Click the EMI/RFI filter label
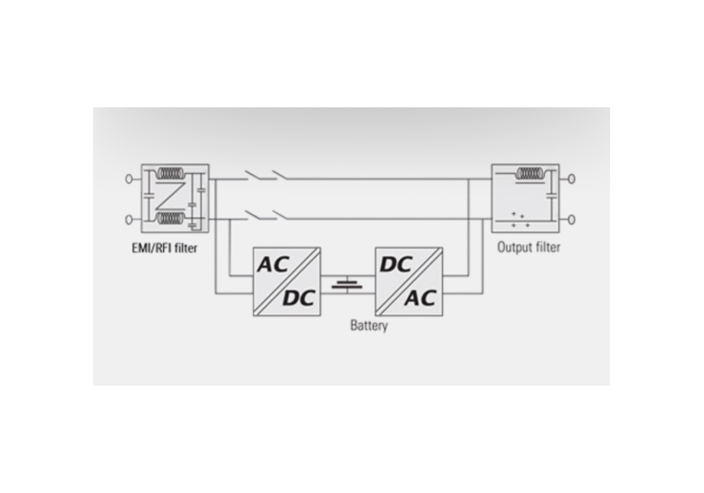pos(165,248)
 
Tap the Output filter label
pos(528,247)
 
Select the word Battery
pos(368,325)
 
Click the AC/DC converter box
pos(287,281)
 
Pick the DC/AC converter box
pos(409,281)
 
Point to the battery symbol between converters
pos(347,285)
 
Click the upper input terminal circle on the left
pos(129,179)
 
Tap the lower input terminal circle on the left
pos(129,219)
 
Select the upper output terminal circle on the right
pos(571,179)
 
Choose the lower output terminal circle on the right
pos(571,219)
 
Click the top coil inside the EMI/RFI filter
pos(170,173)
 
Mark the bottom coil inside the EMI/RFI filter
pos(170,219)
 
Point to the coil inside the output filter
pos(530,173)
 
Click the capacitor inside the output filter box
pos(552,196)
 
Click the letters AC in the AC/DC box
pos(273,265)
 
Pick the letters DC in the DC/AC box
pos(395,265)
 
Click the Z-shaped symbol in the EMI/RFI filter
pos(170,196)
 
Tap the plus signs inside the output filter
pos(520,219)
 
